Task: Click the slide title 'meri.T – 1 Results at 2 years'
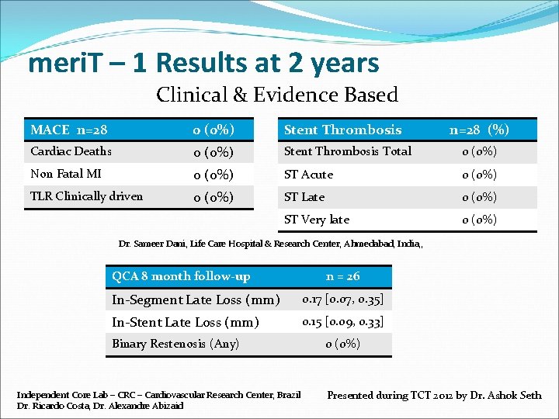coord(203,63)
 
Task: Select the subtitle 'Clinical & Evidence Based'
coord(277,95)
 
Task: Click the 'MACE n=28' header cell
coord(69,130)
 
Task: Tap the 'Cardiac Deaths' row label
coord(71,151)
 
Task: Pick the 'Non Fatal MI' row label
coord(66,174)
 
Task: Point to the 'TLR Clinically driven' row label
coord(86,196)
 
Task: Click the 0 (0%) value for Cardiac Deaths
coord(214,152)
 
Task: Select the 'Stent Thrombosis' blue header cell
coord(342,130)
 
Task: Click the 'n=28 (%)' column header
coord(479,130)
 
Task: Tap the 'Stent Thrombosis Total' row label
coord(348,151)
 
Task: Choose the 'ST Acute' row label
coord(308,175)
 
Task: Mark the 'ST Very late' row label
coord(317,220)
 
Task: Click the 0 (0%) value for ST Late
coord(479,197)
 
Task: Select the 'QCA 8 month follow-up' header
coord(181,276)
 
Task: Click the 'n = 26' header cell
coord(342,276)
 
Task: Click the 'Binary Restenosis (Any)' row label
coord(175,344)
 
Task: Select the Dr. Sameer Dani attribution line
coord(270,244)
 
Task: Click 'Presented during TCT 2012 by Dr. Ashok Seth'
coord(434,396)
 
